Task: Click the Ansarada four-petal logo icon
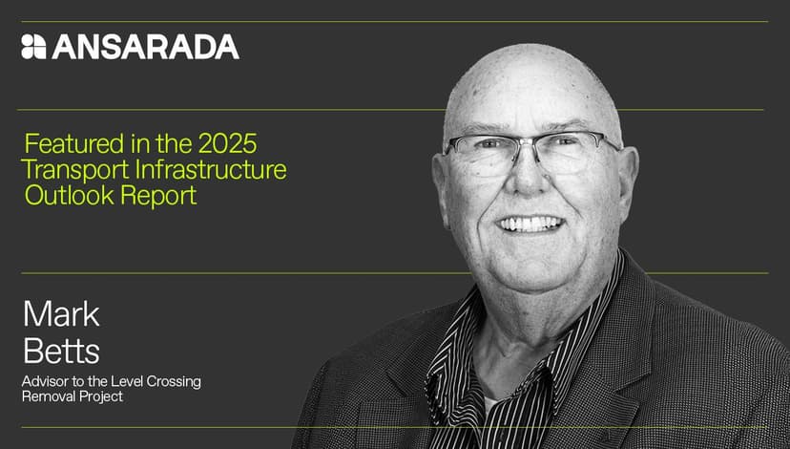coord(33,47)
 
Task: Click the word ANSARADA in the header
coord(145,47)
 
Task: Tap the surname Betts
coord(61,351)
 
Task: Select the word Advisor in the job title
coord(47,381)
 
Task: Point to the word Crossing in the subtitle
coord(172,381)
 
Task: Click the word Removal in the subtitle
coord(49,396)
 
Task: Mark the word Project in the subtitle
coord(101,396)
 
